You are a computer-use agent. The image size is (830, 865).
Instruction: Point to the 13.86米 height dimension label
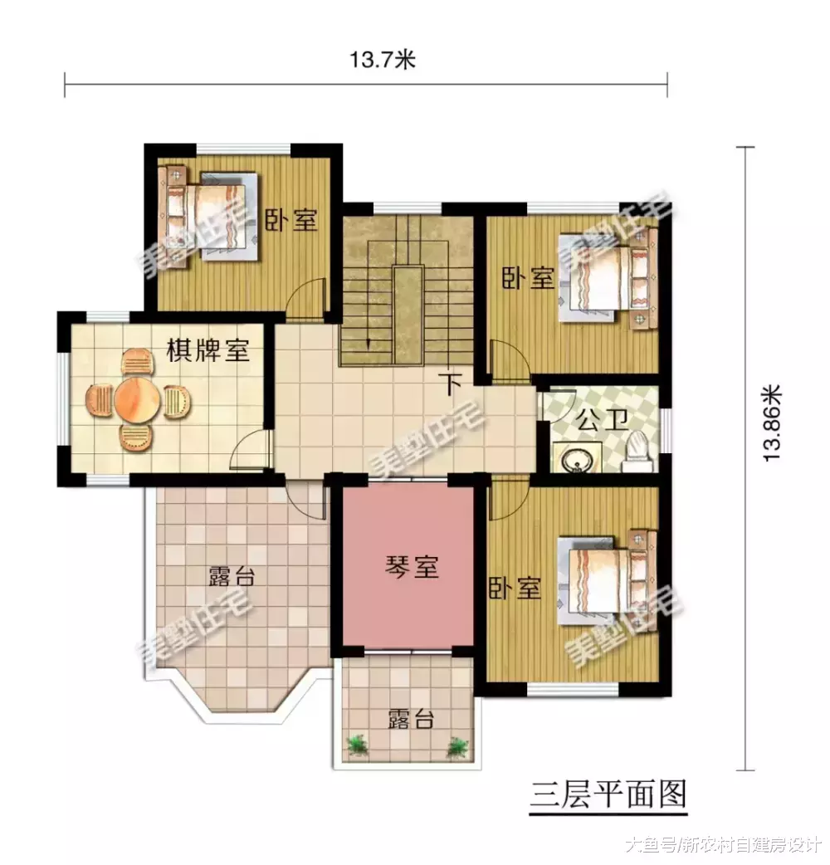(772, 422)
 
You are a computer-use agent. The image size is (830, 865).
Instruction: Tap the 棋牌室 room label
(208, 350)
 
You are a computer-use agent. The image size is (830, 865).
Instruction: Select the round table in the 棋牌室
(137, 401)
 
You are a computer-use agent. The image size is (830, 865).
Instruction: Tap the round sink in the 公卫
(574, 458)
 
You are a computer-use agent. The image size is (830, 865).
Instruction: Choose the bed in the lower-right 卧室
(604, 575)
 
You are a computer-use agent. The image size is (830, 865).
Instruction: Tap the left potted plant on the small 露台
(358, 745)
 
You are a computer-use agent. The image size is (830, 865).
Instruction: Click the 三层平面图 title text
(608, 794)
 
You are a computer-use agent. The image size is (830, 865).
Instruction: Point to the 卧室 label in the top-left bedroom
(290, 220)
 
